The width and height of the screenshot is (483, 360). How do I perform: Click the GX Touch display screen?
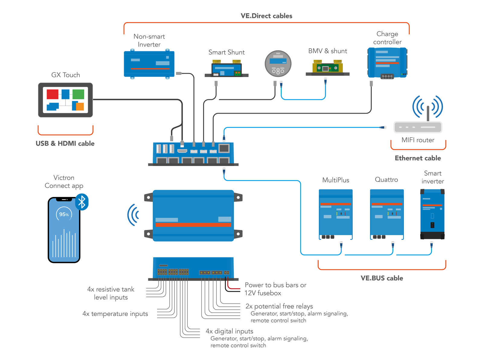[x=65, y=100]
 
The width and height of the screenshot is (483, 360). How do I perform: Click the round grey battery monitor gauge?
[x=278, y=64]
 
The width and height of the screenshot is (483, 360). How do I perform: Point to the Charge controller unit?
[x=387, y=62]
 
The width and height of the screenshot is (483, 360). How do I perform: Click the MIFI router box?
[x=418, y=127]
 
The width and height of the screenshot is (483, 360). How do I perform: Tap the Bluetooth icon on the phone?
[x=82, y=202]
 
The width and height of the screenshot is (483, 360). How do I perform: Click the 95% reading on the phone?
[x=64, y=215]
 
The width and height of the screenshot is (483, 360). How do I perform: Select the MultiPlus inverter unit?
[x=336, y=213]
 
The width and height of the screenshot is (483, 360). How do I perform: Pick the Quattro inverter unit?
[x=387, y=213]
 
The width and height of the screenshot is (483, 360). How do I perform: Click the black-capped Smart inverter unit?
[x=432, y=214]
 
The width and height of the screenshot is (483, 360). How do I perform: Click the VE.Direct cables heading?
[x=266, y=16]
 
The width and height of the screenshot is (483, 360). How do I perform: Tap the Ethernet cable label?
[x=418, y=158]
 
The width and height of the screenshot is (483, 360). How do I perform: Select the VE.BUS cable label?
[x=382, y=278]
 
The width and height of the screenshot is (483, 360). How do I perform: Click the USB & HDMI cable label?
[x=65, y=144]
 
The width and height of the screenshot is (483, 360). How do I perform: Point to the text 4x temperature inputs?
[x=115, y=314]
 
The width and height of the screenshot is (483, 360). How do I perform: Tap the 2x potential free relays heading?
[x=279, y=306]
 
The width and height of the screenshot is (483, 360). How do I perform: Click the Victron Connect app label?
[x=64, y=182]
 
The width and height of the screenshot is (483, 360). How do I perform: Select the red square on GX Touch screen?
[x=53, y=94]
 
